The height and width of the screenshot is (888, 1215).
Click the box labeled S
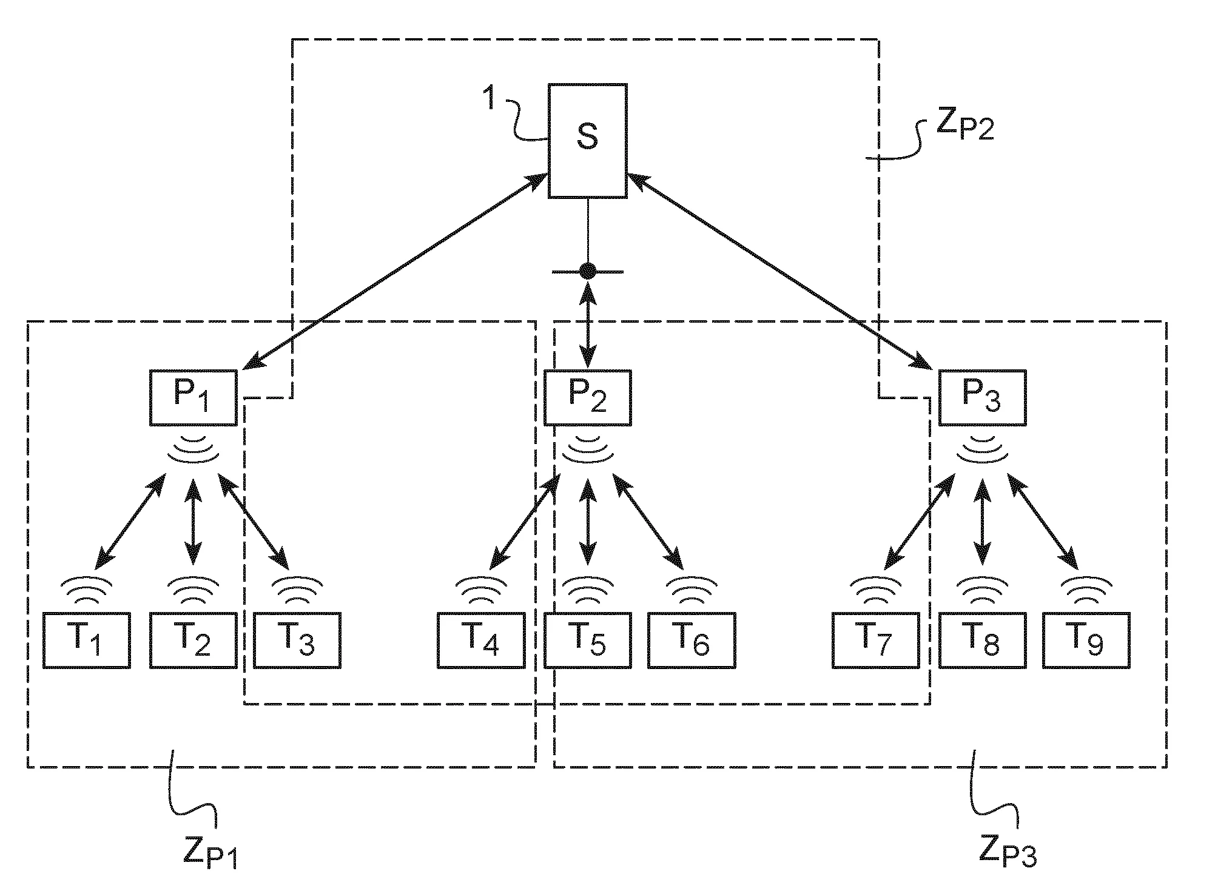pos(587,141)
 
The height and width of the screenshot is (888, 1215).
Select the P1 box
pos(193,397)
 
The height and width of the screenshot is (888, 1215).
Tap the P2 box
pos(587,397)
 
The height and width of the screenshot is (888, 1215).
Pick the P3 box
pos(982,397)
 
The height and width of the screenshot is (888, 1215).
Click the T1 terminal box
pos(87,641)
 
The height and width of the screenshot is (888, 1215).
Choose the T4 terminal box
pos(481,641)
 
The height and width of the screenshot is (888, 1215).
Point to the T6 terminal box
pos(692,641)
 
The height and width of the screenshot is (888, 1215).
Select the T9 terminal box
pos(1086,641)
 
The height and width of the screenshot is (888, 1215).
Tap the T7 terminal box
pos(875,641)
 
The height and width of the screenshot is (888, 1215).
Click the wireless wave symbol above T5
pos(587,590)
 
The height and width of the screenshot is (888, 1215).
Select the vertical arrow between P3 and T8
pos(982,522)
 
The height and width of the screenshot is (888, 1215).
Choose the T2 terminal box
pos(193,641)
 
